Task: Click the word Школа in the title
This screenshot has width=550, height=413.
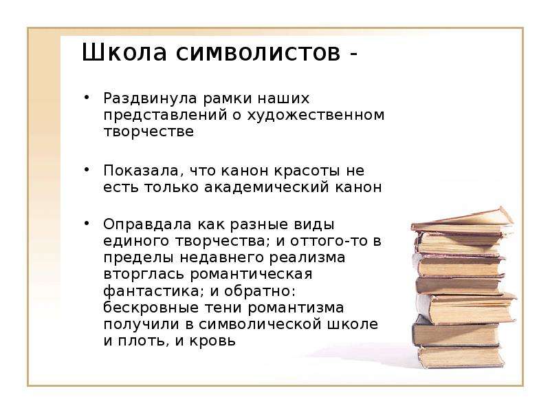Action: coord(124,53)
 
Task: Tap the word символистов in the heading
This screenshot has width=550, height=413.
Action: coord(258,54)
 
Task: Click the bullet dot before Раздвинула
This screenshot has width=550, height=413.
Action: coord(87,96)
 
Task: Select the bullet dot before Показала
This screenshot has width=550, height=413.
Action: coord(87,169)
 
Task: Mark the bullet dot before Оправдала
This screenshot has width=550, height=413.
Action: coord(87,222)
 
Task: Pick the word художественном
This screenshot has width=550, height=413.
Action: coord(316,116)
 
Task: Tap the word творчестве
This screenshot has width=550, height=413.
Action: coord(148,132)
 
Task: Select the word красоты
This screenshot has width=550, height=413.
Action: coord(307,171)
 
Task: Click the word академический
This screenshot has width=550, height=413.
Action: coord(267,187)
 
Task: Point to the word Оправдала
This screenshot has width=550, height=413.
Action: coord(148,225)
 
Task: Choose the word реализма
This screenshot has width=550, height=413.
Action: coord(307,257)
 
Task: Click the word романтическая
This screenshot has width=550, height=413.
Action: coord(251,274)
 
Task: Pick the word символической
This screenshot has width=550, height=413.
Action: coord(261,324)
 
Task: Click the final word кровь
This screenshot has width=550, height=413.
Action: coord(212,341)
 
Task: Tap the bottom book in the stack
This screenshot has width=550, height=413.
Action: coord(461,357)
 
